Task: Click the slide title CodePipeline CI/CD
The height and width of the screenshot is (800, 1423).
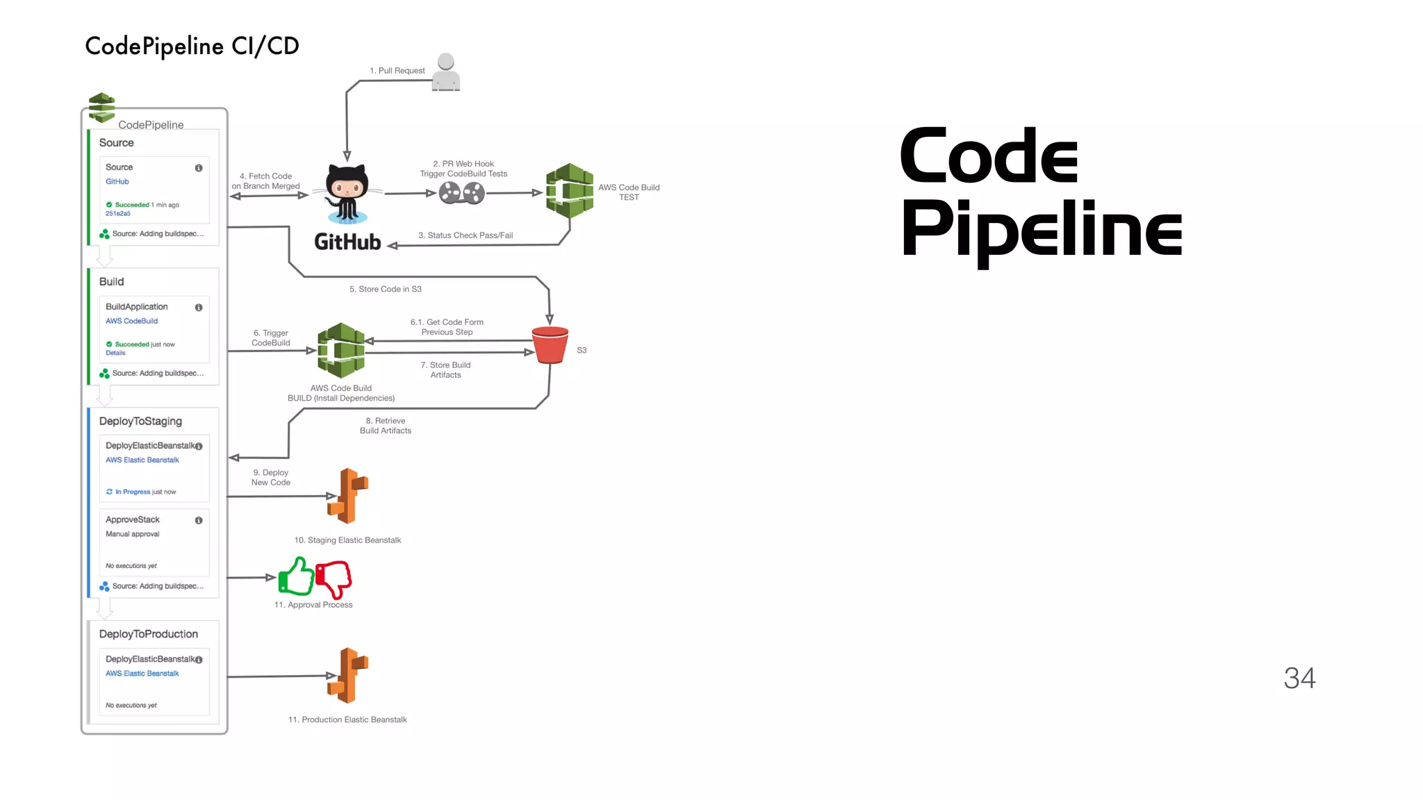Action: click(x=192, y=46)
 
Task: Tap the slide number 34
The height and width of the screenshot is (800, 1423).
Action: click(x=1299, y=678)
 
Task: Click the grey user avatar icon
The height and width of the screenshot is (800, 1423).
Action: click(x=446, y=72)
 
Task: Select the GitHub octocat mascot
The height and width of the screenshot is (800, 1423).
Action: click(x=347, y=193)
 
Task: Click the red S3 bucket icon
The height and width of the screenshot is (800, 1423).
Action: click(x=550, y=344)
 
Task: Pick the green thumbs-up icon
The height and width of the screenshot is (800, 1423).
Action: click(x=296, y=576)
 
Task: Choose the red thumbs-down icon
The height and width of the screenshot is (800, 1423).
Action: click(x=334, y=578)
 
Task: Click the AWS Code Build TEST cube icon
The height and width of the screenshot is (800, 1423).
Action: click(x=569, y=191)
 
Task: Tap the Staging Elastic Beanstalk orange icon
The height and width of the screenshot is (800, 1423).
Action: click(x=347, y=496)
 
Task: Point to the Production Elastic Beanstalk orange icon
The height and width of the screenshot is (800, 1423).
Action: click(x=347, y=675)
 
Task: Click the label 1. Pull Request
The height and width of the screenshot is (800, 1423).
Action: click(x=397, y=71)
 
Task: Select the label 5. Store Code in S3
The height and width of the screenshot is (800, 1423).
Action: click(x=385, y=289)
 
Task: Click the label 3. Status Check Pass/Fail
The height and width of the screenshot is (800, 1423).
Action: click(x=466, y=235)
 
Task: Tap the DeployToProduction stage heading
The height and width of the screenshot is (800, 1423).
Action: click(x=148, y=634)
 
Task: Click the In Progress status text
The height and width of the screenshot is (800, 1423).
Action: click(x=132, y=492)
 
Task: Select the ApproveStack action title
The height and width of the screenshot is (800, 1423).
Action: click(x=133, y=519)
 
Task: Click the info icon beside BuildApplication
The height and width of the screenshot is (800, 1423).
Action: click(x=199, y=308)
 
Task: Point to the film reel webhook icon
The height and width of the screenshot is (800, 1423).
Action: click(x=461, y=193)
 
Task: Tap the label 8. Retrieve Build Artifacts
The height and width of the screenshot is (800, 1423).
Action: click(x=386, y=426)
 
